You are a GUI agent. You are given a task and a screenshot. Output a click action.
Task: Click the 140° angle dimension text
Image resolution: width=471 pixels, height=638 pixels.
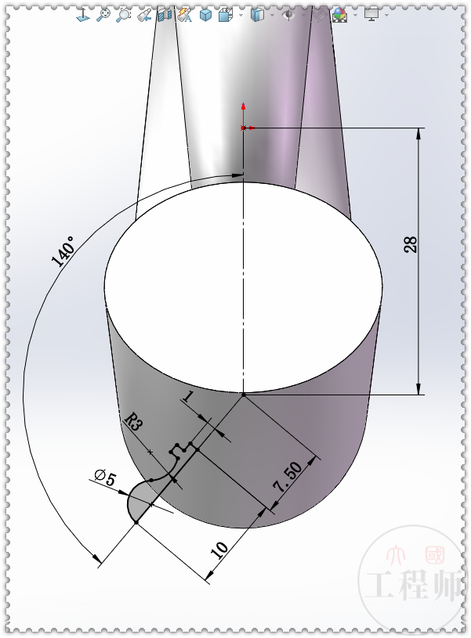coord(63,252)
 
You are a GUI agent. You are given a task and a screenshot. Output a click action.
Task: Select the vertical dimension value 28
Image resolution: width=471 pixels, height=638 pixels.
coord(410,244)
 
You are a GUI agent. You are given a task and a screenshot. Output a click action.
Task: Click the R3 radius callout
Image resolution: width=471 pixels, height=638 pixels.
coord(133,424)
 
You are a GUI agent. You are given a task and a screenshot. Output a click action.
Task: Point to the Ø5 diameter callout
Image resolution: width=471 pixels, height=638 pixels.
coord(103,478)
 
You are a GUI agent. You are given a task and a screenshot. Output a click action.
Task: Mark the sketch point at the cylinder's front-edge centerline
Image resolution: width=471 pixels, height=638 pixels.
coord(244,395)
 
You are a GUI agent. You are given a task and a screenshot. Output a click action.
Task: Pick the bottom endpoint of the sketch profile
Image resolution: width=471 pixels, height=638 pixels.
coord(136,523)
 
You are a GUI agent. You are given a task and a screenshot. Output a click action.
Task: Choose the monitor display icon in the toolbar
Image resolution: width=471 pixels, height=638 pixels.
coord(371,15)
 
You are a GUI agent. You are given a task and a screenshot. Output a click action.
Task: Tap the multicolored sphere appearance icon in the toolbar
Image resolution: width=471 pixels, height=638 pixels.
coord(339,15)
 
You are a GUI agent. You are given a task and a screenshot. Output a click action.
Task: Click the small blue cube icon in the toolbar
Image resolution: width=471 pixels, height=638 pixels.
coord(205,15)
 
